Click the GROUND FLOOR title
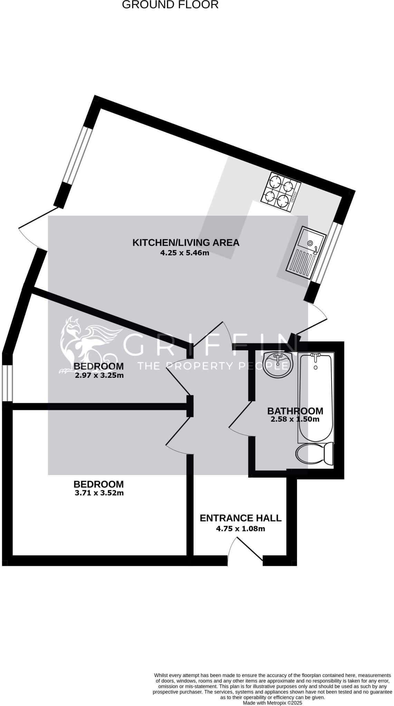point(170,5)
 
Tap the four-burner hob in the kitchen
point(281,192)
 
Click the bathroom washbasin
point(278,364)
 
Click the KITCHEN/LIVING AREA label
point(186,243)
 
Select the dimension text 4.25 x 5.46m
point(185,253)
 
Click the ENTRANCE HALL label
point(241,518)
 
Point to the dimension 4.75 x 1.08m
point(241,528)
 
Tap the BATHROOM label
point(295,411)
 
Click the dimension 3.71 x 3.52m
point(99,493)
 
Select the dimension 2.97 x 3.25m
point(99,375)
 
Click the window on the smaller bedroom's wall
point(7,383)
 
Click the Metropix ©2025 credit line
point(272,703)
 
